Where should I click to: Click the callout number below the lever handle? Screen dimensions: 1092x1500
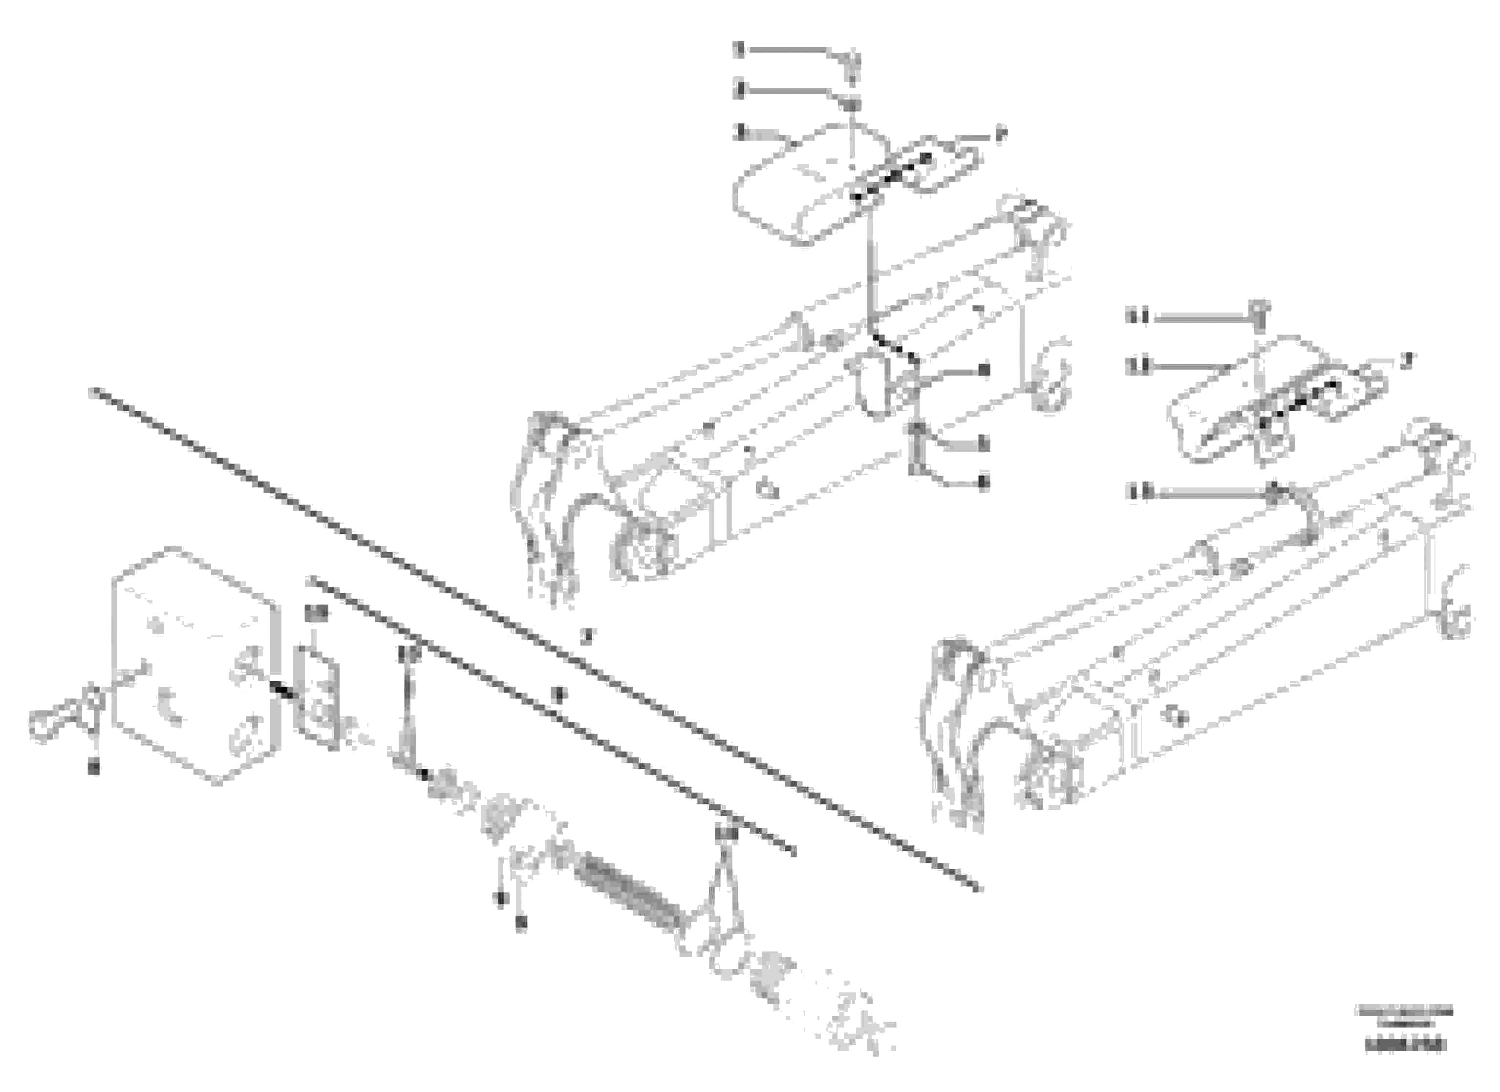coord(94,767)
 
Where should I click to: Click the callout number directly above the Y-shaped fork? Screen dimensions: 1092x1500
coord(726,834)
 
